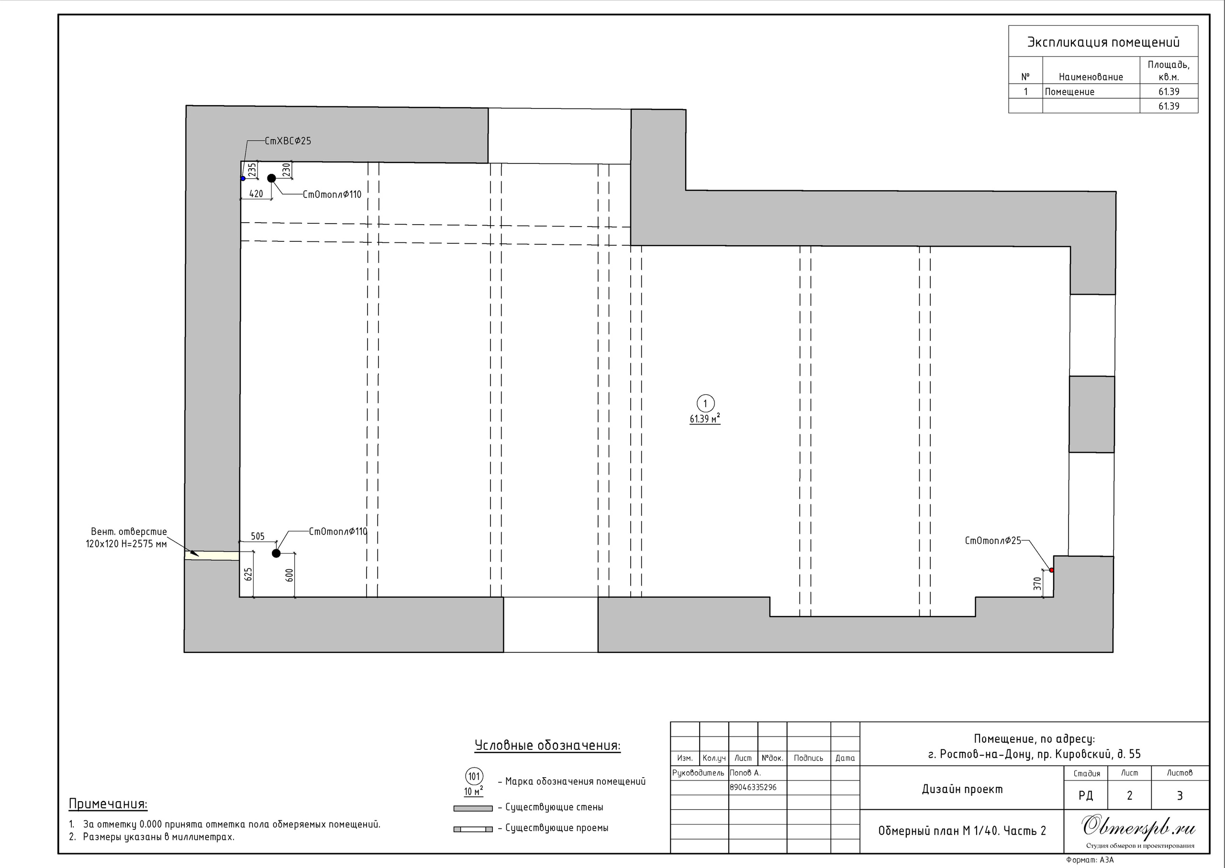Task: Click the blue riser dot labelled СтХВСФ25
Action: click(x=243, y=178)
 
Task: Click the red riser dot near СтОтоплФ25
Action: click(x=1051, y=570)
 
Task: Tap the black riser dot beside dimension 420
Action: click(x=271, y=178)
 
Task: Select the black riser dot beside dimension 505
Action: click(x=276, y=553)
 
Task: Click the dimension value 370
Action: click(x=1037, y=584)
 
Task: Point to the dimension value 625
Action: click(x=248, y=575)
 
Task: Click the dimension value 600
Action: click(x=290, y=575)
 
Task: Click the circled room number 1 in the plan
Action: click(x=705, y=403)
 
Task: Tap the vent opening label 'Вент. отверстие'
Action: click(x=129, y=532)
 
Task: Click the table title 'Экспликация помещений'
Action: click(x=1103, y=43)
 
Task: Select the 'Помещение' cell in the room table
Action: click(x=1070, y=92)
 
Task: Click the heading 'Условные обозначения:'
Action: click(x=547, y=746)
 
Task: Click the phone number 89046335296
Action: click(x=753, y=787)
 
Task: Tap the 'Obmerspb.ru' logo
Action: click(x=1138, y=826)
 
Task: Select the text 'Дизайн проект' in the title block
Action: click(x=962, y=790)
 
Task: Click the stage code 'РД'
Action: click(x=1086, y=796)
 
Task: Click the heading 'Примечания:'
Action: click(x=108, y=804)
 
